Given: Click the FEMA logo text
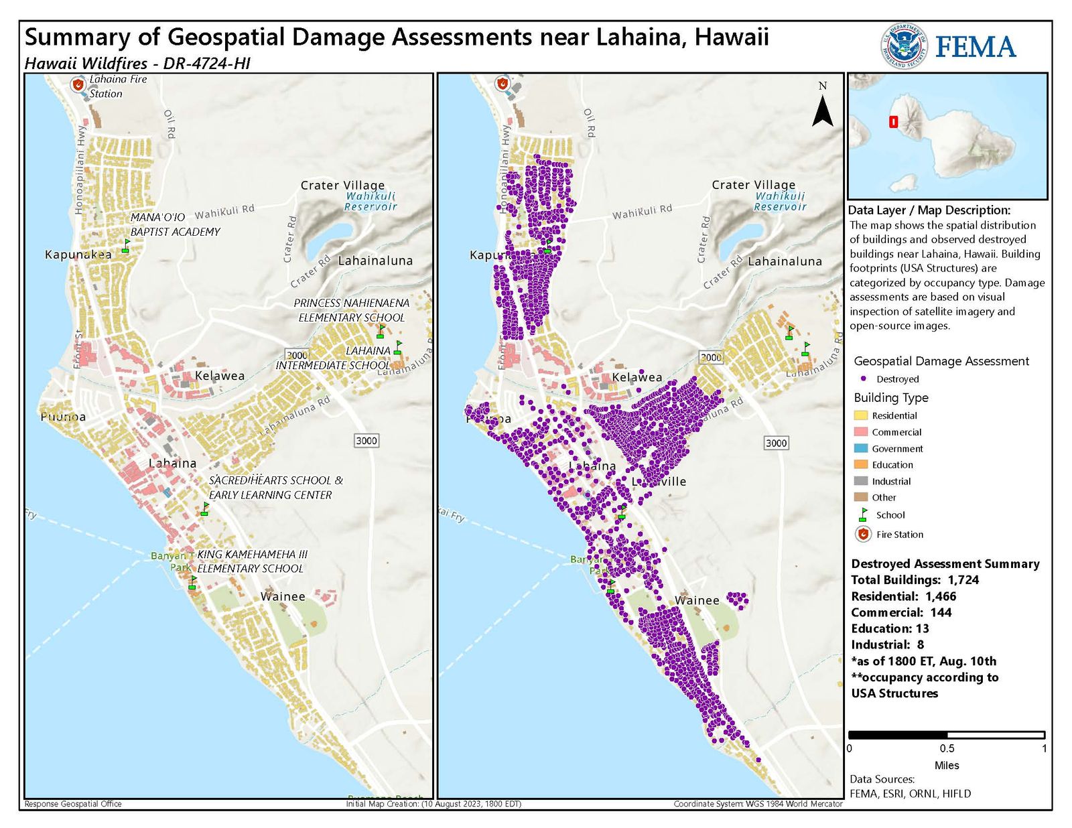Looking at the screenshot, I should coord(975,47).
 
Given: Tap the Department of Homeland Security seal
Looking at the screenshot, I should coord(904,46).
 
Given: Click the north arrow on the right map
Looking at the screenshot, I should coord(822,110).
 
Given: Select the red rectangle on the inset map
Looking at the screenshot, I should coord(893,122).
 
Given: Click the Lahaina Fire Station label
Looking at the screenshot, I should coord(118,86).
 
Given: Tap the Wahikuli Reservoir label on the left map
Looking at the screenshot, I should coord(371,201).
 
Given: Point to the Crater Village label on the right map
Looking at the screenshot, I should coord(753,184).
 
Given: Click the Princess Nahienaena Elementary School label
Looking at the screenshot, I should coord(352,309).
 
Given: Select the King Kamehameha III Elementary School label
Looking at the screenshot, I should coord(251,561).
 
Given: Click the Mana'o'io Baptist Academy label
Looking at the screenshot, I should coord(175,224).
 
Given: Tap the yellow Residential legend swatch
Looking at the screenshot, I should coord(861,416).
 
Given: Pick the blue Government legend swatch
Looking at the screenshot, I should coord(861,449).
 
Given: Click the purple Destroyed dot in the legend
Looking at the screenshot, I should coord(863,378).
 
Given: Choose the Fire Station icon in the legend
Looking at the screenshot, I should coord(863,535).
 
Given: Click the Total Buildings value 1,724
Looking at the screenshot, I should coord(963,580).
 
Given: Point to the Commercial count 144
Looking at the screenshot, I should coord(941,612).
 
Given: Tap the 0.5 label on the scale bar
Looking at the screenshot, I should coord(947,748).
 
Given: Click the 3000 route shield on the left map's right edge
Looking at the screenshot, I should coord(366,440).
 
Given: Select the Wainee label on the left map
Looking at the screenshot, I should coord(283,596).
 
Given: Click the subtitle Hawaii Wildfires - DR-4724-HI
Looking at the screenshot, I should coord(137,64).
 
